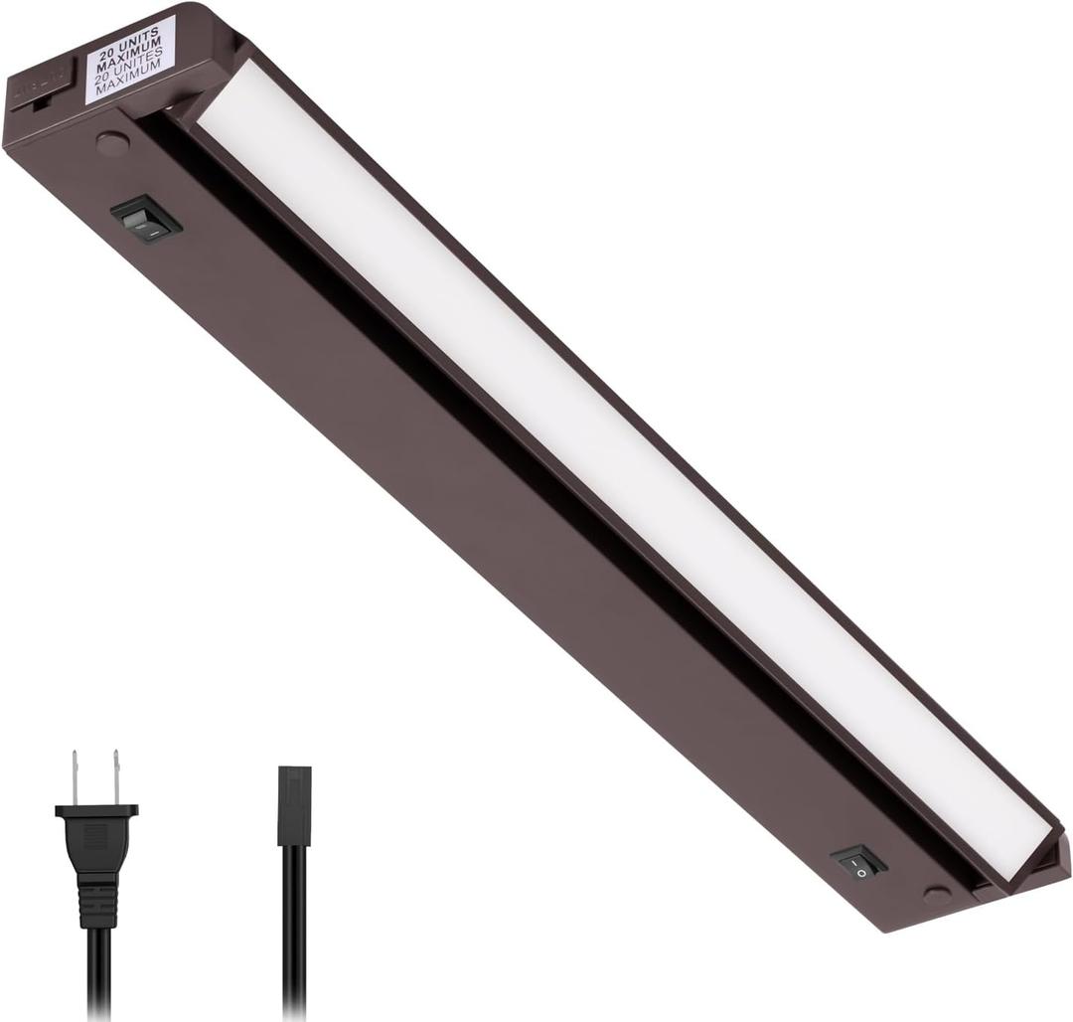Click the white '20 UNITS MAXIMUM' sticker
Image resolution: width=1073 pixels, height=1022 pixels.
[x=130, y=59]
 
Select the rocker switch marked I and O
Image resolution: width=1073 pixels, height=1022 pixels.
[x=858, y=861]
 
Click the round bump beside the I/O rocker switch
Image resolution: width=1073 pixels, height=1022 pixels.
[x=936, y=894]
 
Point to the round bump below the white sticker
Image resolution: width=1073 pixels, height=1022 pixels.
[x=112, y=143]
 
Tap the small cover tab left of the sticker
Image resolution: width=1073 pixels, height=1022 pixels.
[x=43, y=85]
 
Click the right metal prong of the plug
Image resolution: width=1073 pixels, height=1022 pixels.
[x=116, y=775]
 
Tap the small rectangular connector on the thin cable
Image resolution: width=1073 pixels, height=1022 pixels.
[x=294, y=805]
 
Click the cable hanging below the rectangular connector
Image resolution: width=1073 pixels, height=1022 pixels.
[x=295, y=935]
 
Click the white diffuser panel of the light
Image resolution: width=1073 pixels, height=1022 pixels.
[x=596, y=447]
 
